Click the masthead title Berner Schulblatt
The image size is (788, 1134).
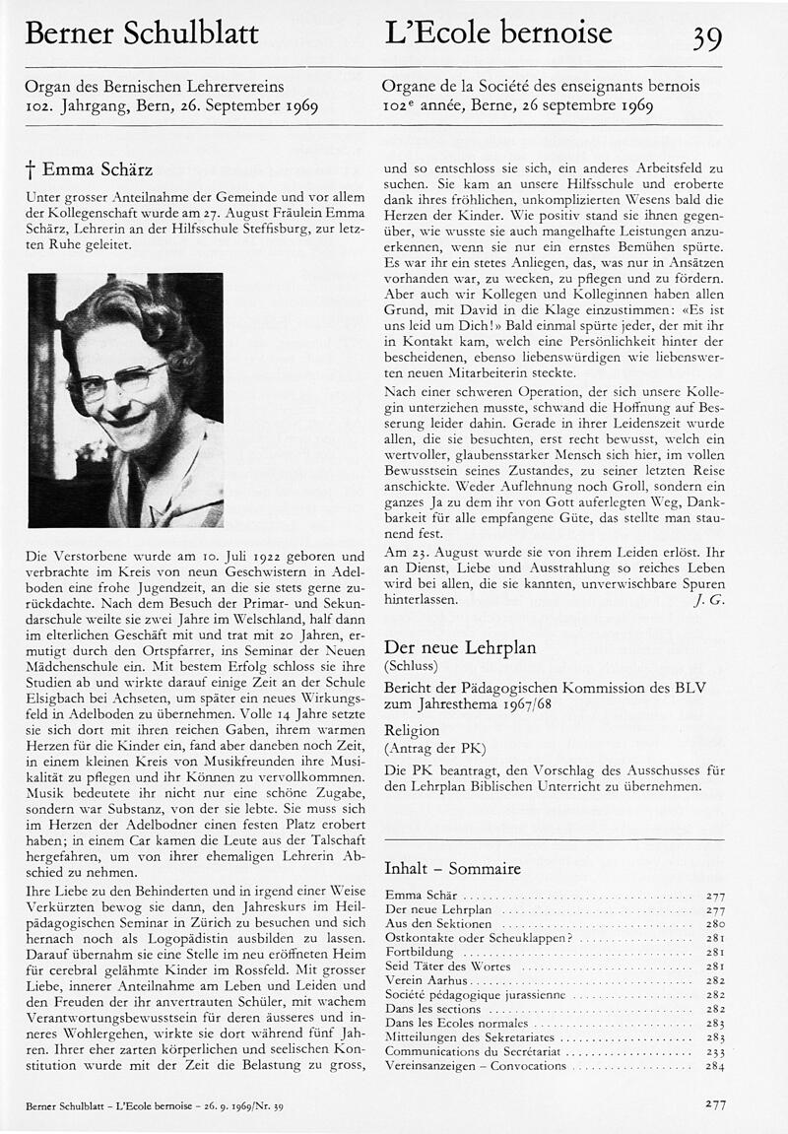click(x=141, y=34)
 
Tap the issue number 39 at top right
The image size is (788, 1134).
click(x=706, y=37)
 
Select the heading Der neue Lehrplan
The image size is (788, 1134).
click(x=459, y=647)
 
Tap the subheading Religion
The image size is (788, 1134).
click(x=412, y=731)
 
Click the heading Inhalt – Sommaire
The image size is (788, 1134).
click(x=452, y=869)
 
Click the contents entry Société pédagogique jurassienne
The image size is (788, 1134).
click(x=475, y=996)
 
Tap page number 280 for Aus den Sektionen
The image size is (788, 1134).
click(x=715, y=924)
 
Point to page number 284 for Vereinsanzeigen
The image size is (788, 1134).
click(x=715, y=1066)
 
